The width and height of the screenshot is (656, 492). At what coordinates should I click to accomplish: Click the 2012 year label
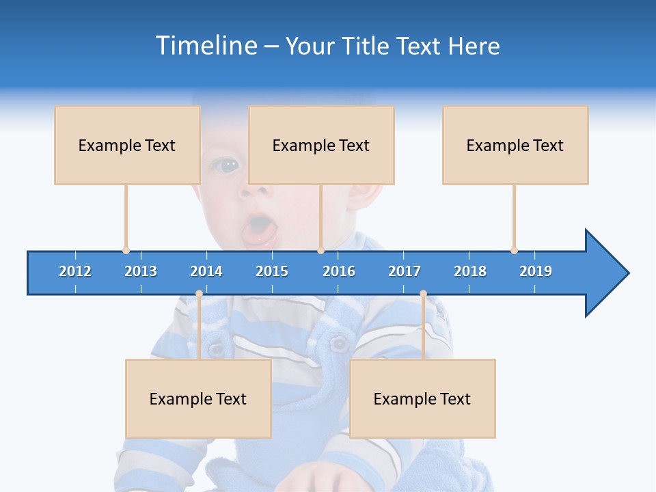click(75, 271)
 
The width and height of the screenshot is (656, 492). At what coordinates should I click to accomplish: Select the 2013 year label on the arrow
click(141, 271)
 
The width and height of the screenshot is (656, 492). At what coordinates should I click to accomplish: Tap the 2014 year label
click(206, 271)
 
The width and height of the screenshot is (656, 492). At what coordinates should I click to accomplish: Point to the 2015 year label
click(272, 271)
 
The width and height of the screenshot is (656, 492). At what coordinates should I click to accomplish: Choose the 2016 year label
click(339, 271)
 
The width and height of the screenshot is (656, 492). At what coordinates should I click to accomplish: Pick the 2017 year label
click(405, 271)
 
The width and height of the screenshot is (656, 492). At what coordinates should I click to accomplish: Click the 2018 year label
click(470, 271)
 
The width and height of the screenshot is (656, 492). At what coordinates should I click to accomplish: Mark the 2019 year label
click(536, 271)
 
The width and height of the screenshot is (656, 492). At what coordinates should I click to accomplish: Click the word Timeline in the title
click(206, 46)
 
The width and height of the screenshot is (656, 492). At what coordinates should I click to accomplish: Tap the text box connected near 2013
click(127, 145)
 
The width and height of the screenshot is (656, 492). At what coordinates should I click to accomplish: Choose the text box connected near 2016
click(321, 145)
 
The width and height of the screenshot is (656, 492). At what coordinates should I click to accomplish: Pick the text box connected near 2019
click(515, 145)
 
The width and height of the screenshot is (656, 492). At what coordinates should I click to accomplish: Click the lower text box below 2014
click(198, 398)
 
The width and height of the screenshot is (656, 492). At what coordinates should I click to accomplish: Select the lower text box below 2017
click(422, 398)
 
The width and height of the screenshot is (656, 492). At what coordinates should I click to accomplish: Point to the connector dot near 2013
click(126, 250)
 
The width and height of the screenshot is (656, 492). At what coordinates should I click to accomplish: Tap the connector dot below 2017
click(423, 294)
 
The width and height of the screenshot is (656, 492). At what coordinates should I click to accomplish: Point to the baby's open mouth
click(260, 228)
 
